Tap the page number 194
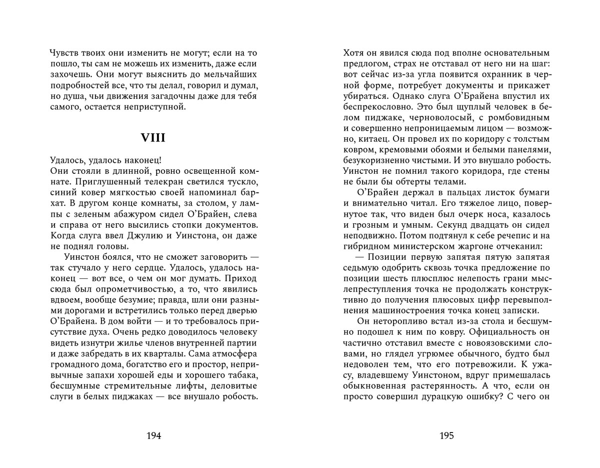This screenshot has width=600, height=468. pos(153,436)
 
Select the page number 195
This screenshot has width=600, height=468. pos(446,436)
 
